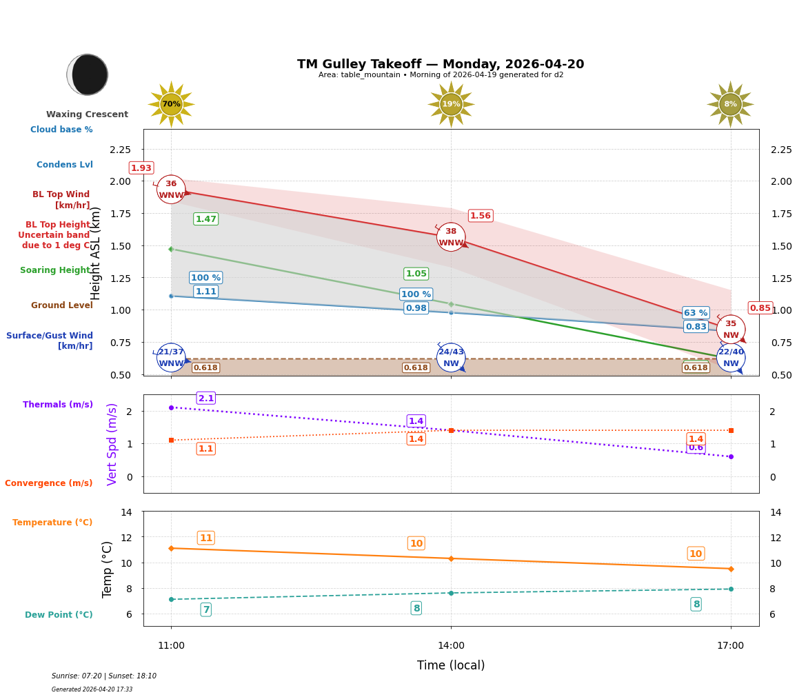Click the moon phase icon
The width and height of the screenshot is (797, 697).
coord(88,74)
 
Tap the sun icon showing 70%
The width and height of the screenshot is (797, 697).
coord(171,104)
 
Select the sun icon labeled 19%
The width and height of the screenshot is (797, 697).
coord(451,104)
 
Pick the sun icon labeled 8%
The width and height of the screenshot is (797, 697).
coord(730,104)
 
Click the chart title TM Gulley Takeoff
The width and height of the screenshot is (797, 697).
coord(441,64)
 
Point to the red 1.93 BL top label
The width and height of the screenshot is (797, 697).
coord(141,168)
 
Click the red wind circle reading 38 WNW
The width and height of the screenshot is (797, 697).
coord(451,237)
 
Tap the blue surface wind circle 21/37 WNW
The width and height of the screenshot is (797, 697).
coord(171,357)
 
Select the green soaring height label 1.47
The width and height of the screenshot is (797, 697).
coord(205,219)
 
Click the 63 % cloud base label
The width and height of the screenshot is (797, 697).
coord(696,313)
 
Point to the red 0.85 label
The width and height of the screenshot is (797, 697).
coord(760,308)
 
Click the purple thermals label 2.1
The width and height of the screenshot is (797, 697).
coord(206,398)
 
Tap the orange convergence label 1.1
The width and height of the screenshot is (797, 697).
coord(205,449)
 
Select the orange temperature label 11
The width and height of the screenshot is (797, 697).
coord(205,538)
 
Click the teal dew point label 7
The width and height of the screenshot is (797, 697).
coord(205,609)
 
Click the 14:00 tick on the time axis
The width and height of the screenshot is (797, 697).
coord(451,646)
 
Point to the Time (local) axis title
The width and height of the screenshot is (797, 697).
coord(451,665)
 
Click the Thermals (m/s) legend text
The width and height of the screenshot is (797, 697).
coord(58,405)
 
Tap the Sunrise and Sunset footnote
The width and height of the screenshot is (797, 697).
coord(104,676)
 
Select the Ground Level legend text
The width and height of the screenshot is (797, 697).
coord(62,305)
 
